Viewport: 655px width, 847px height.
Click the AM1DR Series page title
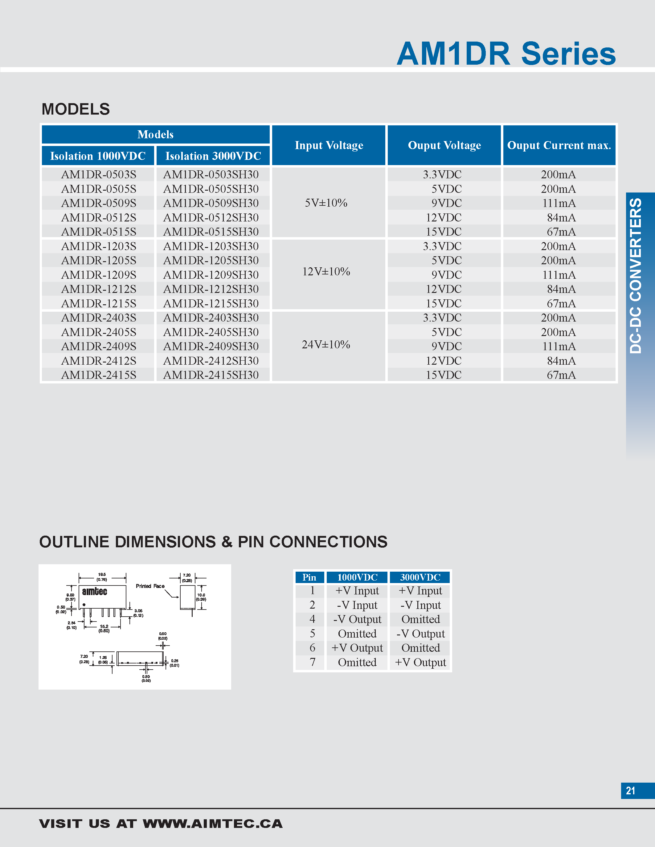point(506,54)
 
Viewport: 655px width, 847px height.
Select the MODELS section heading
point(76,109)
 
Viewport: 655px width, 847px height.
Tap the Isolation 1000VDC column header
point(98,156)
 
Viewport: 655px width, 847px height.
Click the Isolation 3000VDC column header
point(213,156)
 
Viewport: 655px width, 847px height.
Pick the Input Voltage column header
point(329,145)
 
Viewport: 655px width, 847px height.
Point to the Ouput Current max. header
point(559,145)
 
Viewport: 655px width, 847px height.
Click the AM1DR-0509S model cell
point(99,203)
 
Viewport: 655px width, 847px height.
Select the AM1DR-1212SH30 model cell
point(211,289)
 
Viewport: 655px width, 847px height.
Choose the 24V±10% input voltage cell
point(326,345)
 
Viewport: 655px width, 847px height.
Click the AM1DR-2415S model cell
point(99,375)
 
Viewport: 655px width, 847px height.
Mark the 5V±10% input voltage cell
point(326,203)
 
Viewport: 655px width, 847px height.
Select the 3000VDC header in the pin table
point(420,577)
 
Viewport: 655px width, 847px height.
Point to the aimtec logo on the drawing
point(94,591)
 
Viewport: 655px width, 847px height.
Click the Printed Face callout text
point(150,586)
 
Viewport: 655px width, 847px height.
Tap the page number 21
point(631,791)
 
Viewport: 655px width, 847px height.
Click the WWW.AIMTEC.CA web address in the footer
point(213,824)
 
